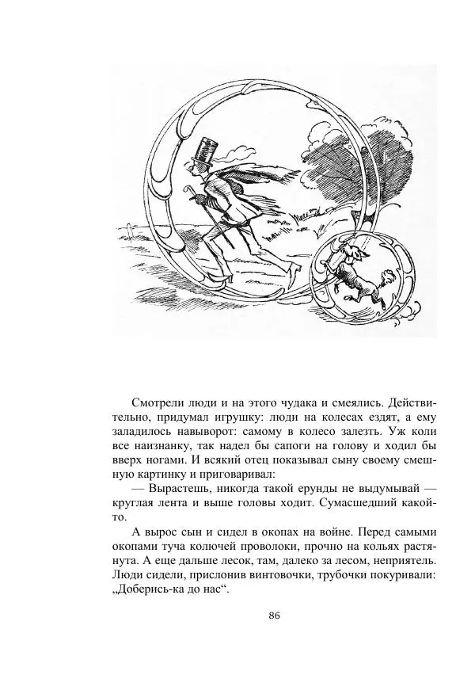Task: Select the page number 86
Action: (x=275, y=616)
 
